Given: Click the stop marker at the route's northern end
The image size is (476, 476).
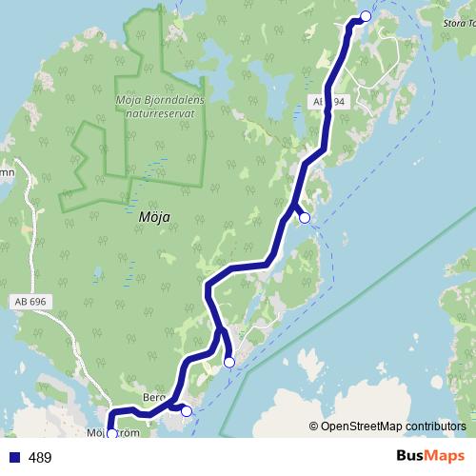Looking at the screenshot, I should click(366, 15).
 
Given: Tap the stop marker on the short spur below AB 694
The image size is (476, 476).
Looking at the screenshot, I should click(305, 218).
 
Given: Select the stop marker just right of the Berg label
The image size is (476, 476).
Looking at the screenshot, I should click(186, 411).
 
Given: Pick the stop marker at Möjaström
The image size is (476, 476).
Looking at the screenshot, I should click(111, 434).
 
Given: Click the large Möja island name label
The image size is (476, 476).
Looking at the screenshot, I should click(154, 216).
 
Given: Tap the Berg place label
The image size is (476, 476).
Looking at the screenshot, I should click(154, 397).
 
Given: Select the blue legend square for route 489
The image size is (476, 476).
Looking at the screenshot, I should click(13, 458).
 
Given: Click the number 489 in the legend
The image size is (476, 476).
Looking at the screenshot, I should click(41, 458).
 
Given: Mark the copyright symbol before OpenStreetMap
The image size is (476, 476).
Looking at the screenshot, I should click(313, 426).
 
